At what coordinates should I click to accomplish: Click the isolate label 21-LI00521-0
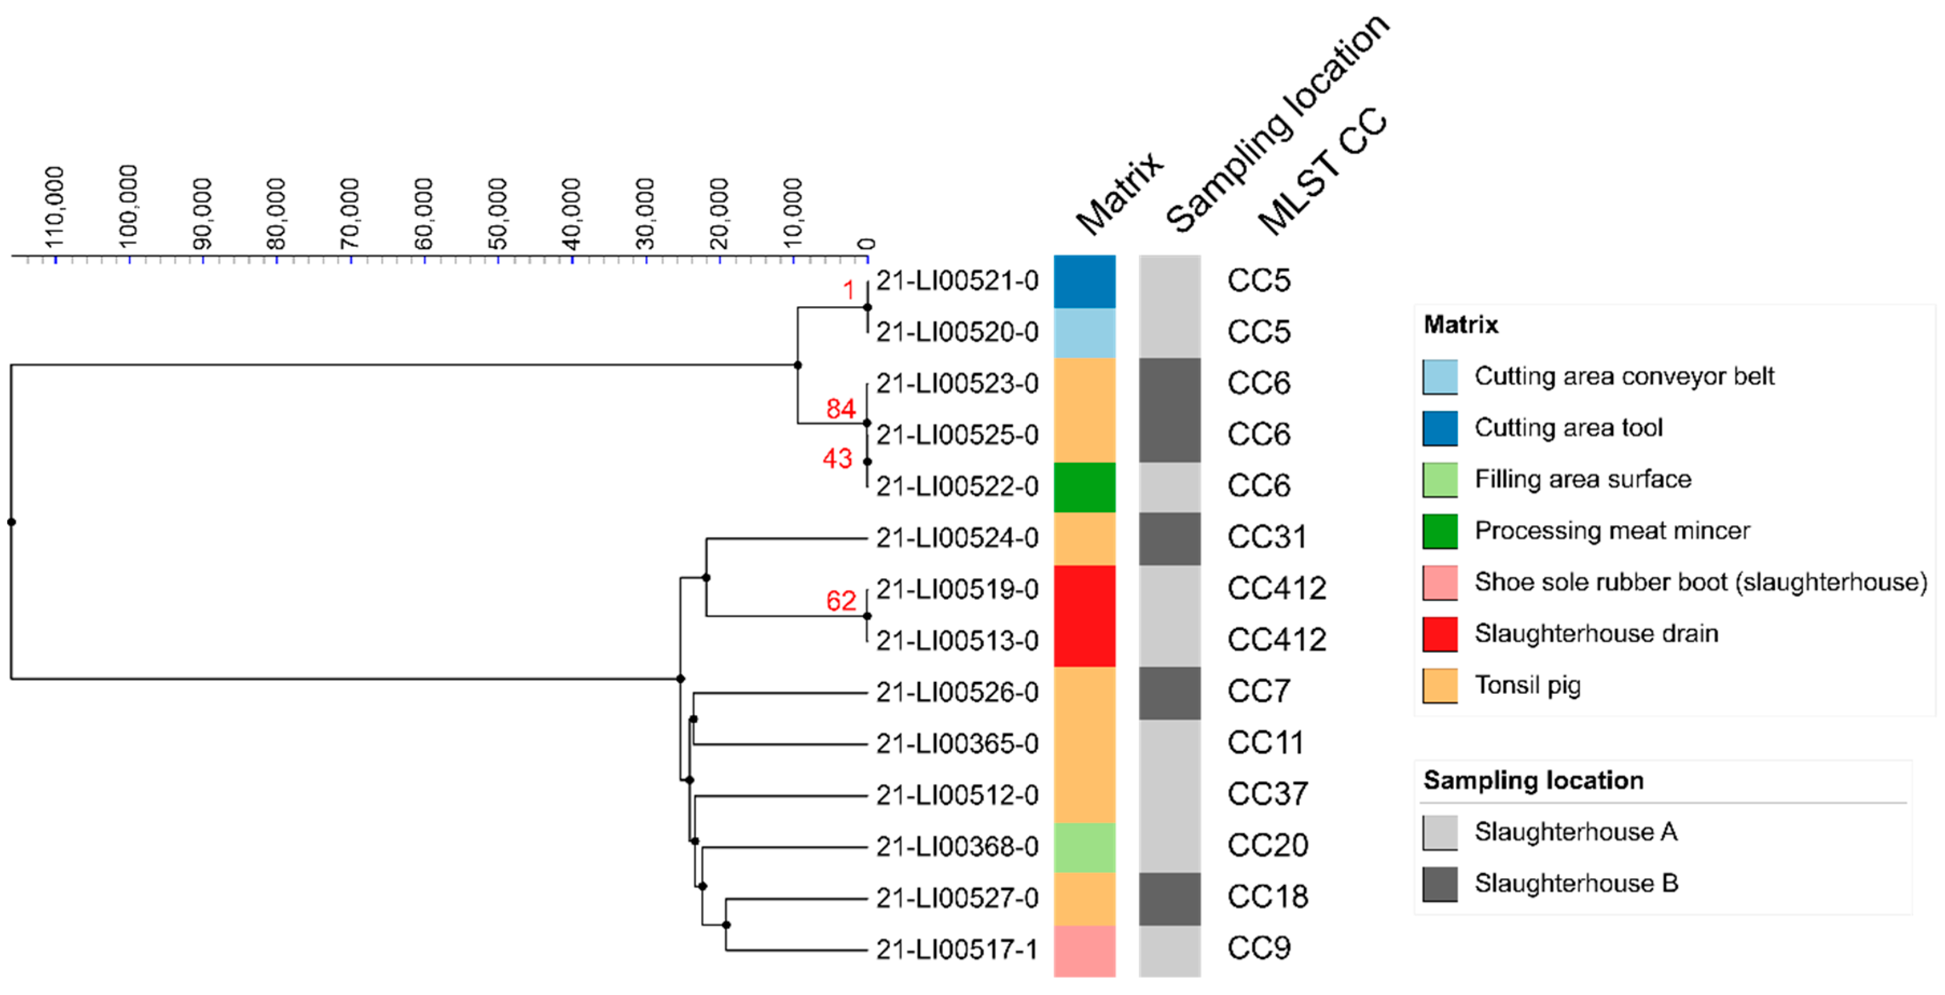[x=957, y=281]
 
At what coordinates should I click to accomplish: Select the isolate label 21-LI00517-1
[x=957, y=949]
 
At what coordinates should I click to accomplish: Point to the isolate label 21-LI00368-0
[x=957, y=846]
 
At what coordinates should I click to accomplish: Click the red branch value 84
[x=840, y=409]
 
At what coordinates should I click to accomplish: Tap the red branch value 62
[x=840, y=601]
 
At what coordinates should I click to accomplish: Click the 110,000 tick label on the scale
[x=55, y=207]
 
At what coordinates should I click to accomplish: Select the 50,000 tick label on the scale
[x=497, y=213]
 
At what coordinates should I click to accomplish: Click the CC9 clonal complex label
[x=1258, y=948]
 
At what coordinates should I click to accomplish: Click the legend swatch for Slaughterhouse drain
[x=1439, y=633]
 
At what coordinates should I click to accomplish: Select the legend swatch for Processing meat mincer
[x=1439, y=531]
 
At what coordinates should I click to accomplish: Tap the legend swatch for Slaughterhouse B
[x=1439, y=883]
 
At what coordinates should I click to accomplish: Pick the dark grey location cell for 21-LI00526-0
[x=1169, y=692]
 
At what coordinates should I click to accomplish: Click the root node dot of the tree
[x=11, y=522]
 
